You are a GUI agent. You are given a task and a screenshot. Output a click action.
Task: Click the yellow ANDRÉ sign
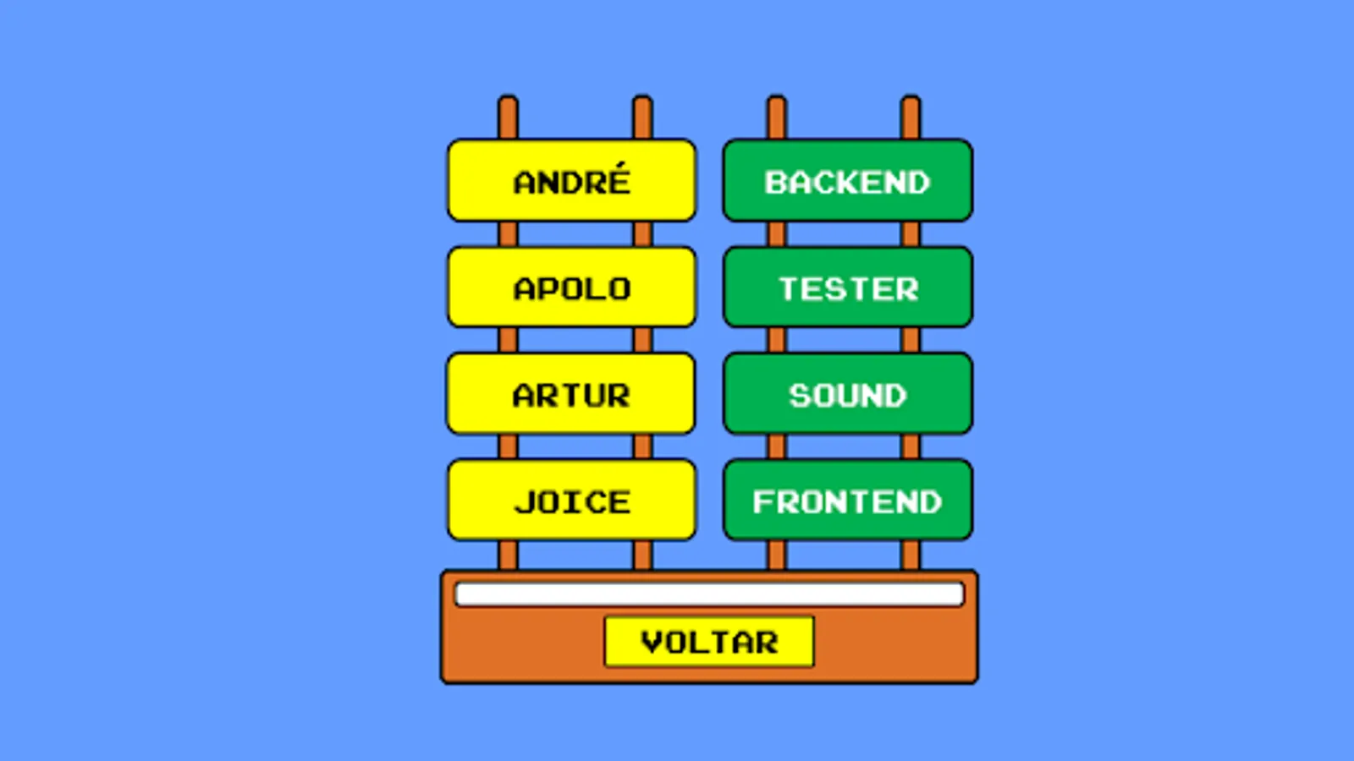[571, 181]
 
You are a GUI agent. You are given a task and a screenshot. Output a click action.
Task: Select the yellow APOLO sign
[571, 287]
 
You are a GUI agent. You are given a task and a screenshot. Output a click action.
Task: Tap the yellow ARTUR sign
[571, 394]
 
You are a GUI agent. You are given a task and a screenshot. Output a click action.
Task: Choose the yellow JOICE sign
[571, 501]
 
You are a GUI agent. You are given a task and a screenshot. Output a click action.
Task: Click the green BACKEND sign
[847, 181]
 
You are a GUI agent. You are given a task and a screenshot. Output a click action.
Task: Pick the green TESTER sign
[847, 287]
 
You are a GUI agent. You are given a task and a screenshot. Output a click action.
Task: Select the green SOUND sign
[847, 394]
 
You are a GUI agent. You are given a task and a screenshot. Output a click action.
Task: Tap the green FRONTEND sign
[847, 501]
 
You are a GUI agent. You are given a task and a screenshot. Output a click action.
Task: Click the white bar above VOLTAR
[709, 594]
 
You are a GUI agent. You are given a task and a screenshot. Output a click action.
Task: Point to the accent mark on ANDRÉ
[620, 164]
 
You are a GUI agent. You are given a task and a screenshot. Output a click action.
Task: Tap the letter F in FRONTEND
[764, 502]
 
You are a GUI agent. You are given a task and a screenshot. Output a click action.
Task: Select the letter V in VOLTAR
[652, 643]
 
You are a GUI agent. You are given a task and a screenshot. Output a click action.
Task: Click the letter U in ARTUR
[595, 396]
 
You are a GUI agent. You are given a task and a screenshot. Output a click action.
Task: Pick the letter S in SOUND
[800, 396]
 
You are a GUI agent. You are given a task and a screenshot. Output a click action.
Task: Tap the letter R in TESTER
[906, 289]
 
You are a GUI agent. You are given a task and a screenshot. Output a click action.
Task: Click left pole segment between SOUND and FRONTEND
[776, 446]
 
